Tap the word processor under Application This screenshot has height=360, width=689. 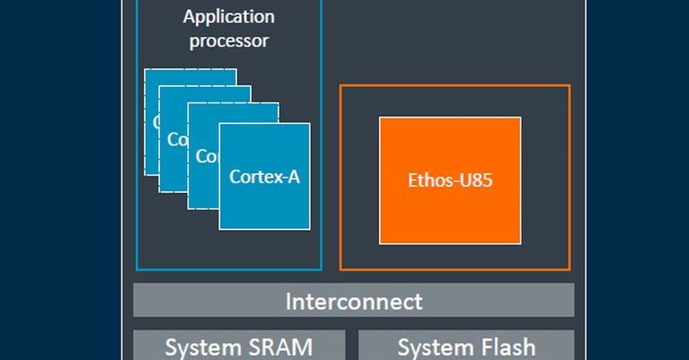[229, 40]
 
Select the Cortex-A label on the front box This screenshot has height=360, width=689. [264, 177]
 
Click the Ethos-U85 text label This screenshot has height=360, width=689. [449, 181]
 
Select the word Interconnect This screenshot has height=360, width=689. [353, 301]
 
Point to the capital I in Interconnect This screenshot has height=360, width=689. [289, 301]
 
